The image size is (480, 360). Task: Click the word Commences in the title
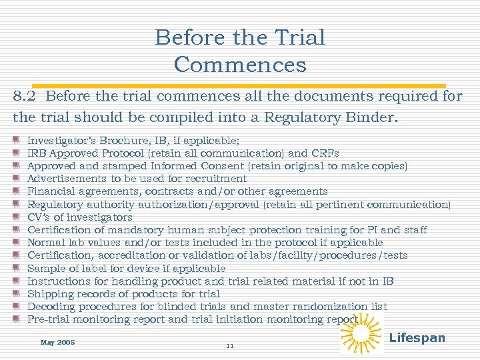coord(240,65)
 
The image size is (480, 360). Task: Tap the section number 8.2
coord(25,96)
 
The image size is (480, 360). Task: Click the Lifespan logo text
coord(417,337)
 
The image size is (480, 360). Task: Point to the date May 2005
coord(57,343)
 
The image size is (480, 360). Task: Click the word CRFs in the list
coord(327,153)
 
